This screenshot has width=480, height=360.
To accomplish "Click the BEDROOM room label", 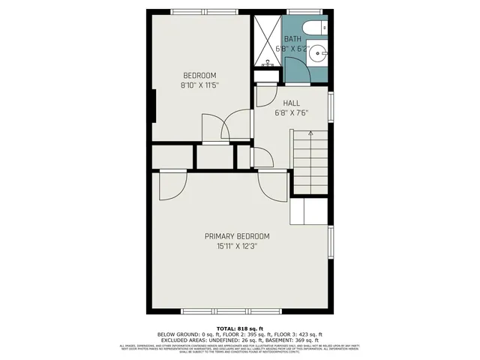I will coord(199,75).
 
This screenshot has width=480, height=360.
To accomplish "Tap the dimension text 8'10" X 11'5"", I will coord(199,85).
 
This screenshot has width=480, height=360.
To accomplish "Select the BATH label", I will coord(292,39).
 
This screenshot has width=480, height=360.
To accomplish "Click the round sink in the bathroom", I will coord(319,52).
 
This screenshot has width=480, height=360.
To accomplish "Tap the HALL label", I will coord(292,103).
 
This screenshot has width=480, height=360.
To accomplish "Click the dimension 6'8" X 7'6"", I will coord(292,113).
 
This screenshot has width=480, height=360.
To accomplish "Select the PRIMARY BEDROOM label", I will coord(237,235).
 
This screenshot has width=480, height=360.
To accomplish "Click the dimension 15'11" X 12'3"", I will coord(237,246).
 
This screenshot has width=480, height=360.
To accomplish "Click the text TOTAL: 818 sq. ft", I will coord(239,328).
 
